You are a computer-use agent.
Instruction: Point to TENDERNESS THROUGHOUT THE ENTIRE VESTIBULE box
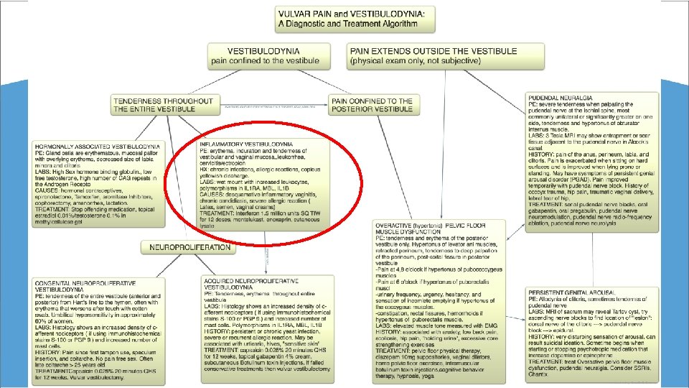coord(163,105)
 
